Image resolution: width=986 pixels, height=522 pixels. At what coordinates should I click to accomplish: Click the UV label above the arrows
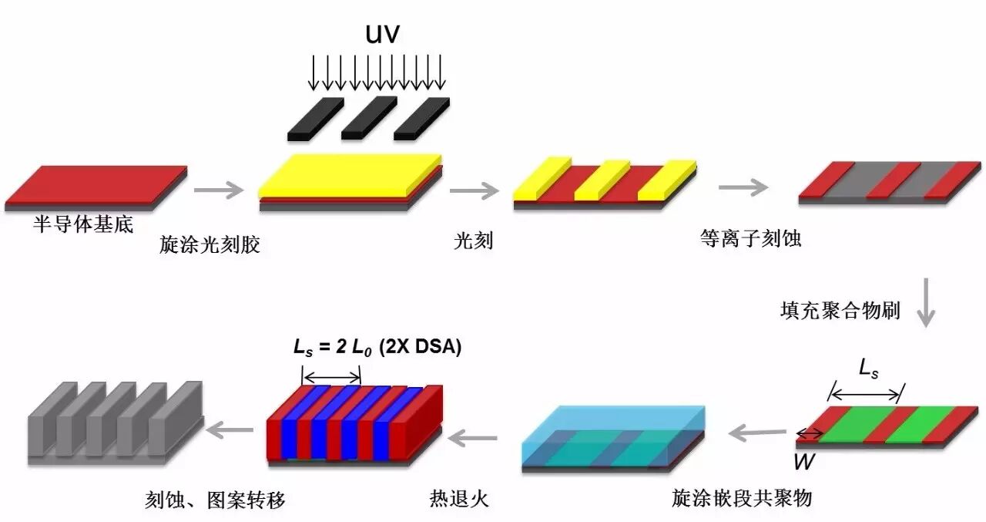pos(382,35)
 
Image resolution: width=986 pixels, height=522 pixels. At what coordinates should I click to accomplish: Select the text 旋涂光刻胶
pos(210,245)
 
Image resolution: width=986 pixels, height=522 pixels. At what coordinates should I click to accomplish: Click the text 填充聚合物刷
pos(840,312)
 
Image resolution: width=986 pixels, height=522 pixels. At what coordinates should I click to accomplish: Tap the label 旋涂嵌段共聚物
pos(741,498)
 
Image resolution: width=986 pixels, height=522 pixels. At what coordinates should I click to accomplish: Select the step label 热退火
pos(459,498)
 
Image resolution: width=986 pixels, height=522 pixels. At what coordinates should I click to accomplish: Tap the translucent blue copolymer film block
pos(613,436)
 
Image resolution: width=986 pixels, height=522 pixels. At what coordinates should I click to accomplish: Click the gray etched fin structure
pos(116,420)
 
